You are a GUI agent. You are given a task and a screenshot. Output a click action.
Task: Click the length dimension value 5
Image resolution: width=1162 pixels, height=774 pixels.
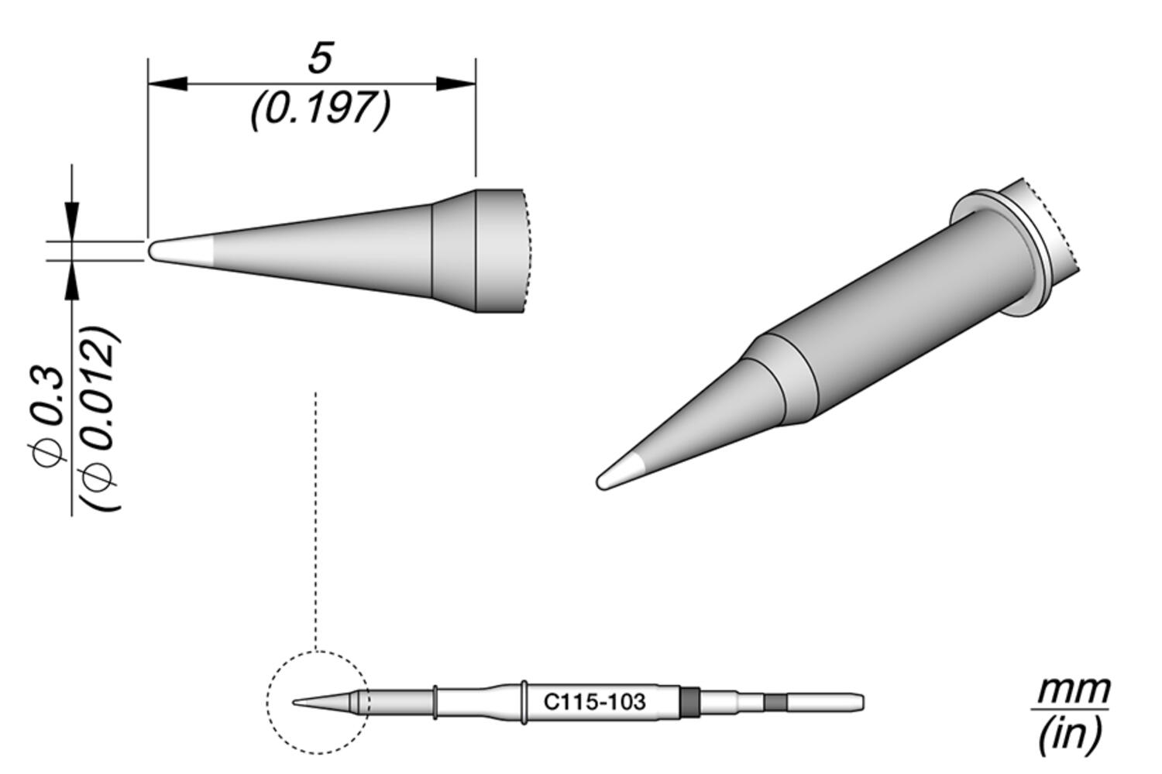319,60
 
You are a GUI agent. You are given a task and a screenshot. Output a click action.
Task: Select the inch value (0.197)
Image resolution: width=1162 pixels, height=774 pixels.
319,109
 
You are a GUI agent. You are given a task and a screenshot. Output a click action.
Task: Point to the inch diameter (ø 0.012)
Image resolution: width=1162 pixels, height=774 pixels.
101,419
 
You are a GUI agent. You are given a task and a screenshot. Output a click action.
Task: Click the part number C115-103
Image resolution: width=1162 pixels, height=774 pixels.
593,703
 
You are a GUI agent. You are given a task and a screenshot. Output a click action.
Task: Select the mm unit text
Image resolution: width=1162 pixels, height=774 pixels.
1072,689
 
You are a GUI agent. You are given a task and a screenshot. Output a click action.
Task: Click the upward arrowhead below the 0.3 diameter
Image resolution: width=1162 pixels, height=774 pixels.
72,282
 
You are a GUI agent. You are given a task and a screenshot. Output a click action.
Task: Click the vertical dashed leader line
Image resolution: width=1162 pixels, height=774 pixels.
316,519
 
